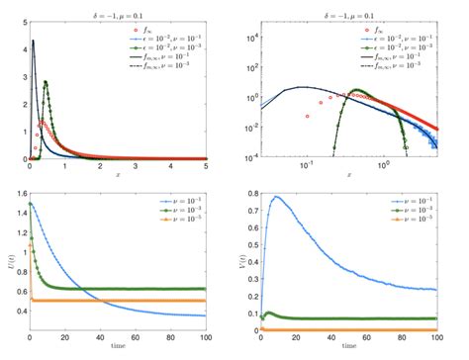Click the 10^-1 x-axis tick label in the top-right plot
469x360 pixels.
[308, 167]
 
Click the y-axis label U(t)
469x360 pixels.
[8, 264]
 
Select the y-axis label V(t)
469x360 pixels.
[245, 264]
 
